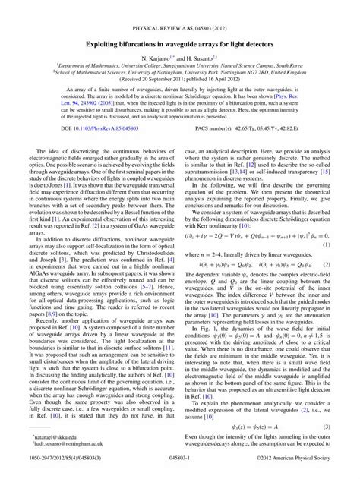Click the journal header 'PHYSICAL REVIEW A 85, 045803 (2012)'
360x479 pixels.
tap(180, 10)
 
